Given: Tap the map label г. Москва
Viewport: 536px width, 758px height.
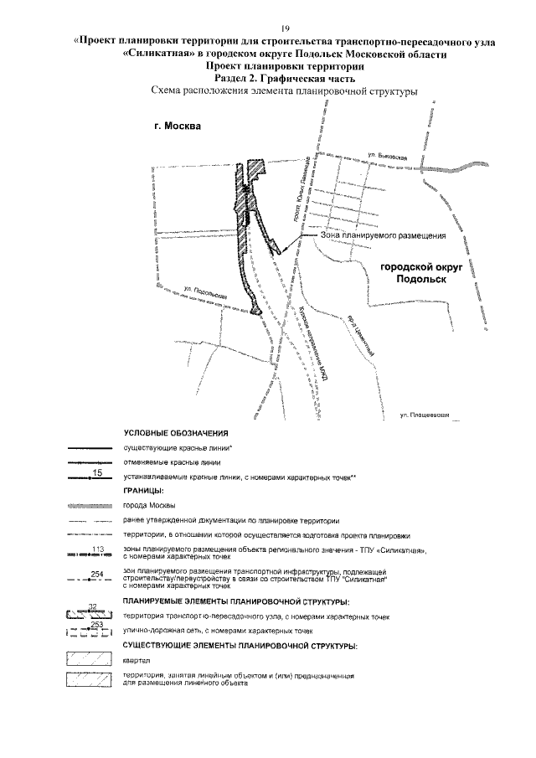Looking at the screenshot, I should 177,127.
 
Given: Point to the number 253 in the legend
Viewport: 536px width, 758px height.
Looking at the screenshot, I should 95,625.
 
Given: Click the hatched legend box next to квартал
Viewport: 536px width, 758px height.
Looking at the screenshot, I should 89,659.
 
